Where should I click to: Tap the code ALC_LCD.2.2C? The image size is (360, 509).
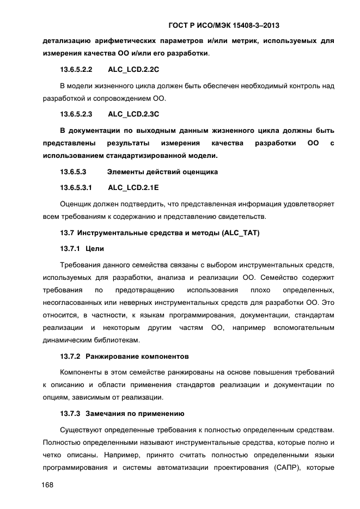click(x=133, y=70)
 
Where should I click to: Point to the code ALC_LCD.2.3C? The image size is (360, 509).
click(x=133, y=114)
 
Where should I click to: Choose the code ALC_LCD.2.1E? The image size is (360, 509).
click(x=133, y=187)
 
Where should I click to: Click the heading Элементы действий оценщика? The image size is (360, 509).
click(x=162, y=172)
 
